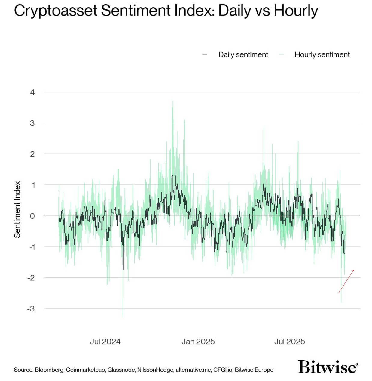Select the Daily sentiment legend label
243,55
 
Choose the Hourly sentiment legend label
322,55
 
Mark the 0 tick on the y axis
32,216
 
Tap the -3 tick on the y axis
31,309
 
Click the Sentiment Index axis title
17,209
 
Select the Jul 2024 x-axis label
105,342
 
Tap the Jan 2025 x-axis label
198,342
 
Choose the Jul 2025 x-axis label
289,342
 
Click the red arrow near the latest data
346,281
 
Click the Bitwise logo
328,367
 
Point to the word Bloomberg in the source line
49,370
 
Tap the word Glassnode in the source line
121,370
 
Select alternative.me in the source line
193,370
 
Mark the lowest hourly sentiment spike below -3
123,317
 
